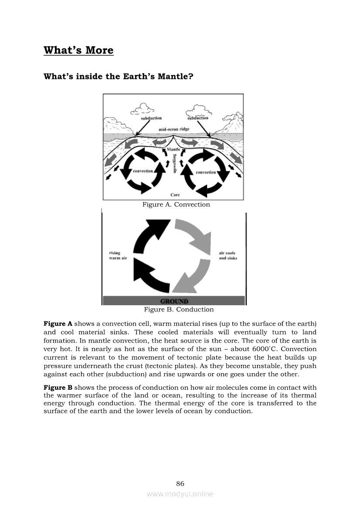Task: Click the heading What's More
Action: point(78,50)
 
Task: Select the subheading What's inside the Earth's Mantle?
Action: point(119,77)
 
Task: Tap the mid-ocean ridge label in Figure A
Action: point(174,130)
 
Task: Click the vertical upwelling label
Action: point(175,164)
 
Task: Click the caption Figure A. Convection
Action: point(176,205)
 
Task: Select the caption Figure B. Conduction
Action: point(179,310)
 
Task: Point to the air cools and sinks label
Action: point(228,256)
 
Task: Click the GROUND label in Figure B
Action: point(174,301)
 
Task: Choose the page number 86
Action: point(180,484)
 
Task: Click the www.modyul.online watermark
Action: point(180,494)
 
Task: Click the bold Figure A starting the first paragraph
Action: point(58,324)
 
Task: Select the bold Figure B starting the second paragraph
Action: point(58,388)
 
